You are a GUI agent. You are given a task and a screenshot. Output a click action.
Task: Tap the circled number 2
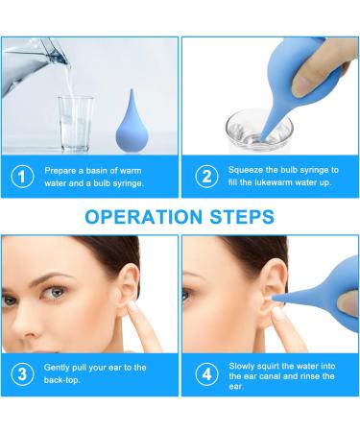[x=204, y=177]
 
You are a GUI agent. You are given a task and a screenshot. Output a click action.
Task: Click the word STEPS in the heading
[x=250, y=216]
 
